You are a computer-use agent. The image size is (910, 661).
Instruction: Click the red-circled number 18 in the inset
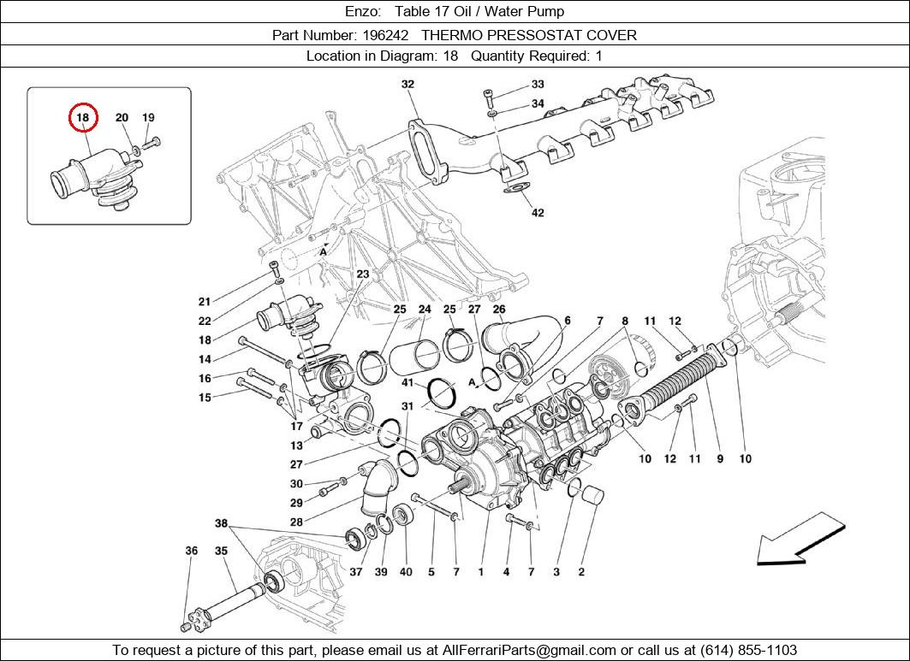tap(83, 118)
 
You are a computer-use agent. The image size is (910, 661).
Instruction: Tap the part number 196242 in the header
tap(385, 35)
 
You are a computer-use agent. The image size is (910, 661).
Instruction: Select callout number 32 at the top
tap(407, 84)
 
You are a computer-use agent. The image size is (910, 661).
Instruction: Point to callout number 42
tap(538, 213)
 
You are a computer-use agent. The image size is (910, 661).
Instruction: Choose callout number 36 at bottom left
tap(192, 552)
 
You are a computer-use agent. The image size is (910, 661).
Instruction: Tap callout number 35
tap(221, 552)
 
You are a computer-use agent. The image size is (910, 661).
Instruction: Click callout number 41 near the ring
tap(407, 383)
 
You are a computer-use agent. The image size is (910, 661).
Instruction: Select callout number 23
tap(363, 274)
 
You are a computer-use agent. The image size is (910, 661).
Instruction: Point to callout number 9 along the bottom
tap(720, 459)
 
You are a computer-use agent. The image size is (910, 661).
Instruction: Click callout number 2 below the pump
tap(581, 571)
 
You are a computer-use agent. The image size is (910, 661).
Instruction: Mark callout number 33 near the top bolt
tap(538, 85)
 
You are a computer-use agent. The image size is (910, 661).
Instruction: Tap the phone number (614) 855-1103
tap(749, 650)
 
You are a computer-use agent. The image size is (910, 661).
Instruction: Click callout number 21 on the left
tap(205, 302)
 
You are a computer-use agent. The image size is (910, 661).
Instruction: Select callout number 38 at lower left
tap(221, 522)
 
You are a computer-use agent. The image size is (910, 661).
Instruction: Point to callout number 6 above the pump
tap(567, 321)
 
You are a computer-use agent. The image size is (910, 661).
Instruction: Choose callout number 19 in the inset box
tap(148, 118)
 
